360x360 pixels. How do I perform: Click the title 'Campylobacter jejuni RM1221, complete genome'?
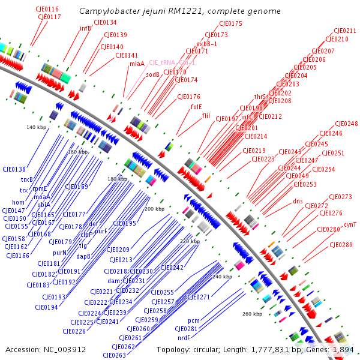click(x=179, y=11)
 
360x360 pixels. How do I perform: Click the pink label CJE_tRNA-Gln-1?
click(x=172, y=62)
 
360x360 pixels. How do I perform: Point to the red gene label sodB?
click(x=153, y=74)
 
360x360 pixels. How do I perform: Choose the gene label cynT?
click(x=350, y=224)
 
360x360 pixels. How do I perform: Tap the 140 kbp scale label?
click(x=36, y=127)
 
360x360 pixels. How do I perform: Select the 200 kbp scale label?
click(x=154, y=209)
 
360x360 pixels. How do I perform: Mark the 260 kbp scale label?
click(x=252, y=314)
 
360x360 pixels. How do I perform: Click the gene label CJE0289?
click(x=341, y=245)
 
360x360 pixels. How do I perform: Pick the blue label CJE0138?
click(x=14, y=170)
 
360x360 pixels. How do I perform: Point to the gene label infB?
click(x=85, y=28)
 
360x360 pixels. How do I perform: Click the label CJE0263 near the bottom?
click(x=123, y=355)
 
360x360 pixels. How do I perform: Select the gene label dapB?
click(x=84, y=256)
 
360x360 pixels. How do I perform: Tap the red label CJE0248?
click(x=346, y=124)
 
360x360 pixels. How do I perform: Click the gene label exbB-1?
click(x=206, y=44)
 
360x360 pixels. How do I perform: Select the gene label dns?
click(x=298, y=201)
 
